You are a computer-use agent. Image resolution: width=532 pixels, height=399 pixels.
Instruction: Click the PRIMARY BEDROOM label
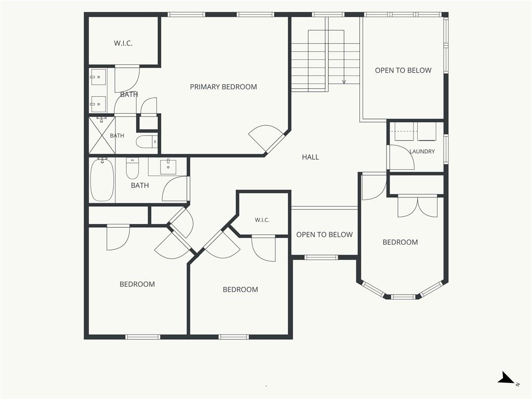(223, 87)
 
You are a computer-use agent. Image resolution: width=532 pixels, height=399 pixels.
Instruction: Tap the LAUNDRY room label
(422, 151)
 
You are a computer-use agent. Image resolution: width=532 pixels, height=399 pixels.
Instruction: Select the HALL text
(311, 157)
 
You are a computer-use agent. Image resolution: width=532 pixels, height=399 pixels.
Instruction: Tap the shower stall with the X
(102, 136)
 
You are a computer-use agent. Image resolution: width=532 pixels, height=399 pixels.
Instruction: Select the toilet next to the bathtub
(132, 168)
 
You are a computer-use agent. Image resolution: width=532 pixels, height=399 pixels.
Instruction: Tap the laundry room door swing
(402, 157)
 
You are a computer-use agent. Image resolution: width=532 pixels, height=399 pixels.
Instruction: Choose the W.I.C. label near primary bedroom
(123, 44)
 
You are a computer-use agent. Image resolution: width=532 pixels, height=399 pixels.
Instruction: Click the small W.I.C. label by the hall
(262, 220)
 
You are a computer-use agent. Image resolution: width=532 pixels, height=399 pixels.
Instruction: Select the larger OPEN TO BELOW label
(403, 71)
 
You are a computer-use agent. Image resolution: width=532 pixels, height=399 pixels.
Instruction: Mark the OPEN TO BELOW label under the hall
(324, 235)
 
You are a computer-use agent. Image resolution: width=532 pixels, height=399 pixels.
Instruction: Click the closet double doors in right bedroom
(417, 206)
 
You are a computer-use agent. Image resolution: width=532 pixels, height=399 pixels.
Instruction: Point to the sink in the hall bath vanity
(168, 167)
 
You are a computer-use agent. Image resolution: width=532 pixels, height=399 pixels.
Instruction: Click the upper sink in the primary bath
(98, 77)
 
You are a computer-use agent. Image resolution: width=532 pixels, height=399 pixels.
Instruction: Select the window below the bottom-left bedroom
(142, 337)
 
